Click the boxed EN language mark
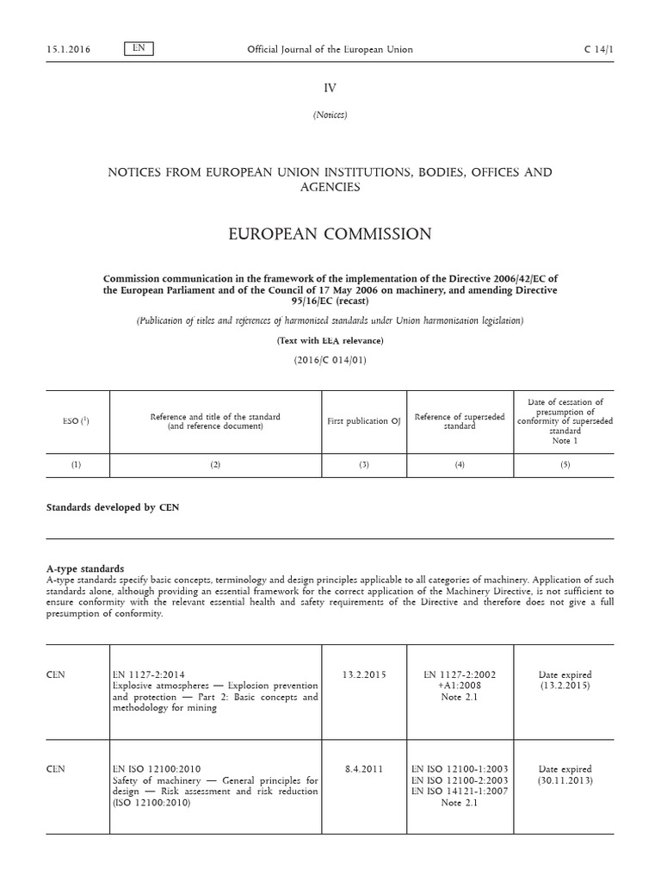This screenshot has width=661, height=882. coord(139,48)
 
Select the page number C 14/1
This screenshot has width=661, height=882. coord(599,49)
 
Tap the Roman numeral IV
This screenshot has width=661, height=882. coord(330,88)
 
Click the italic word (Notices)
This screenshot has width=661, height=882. coord(330,115)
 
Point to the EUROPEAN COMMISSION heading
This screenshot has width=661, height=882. coord(330,234)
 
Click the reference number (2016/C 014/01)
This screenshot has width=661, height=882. coord(330,360)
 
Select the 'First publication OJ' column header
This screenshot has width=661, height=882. coord(364,421)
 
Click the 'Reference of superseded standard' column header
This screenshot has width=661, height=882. coord(460,421)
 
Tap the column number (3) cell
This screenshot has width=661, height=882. coord(364,465)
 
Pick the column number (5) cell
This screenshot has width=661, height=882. coord(565,465)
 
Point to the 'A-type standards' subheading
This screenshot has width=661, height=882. coord(85,568)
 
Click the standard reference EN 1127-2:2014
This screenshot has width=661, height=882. coord(149,674)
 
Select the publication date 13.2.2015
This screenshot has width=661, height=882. coord(364,674)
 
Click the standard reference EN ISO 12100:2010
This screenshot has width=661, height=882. coord(157,769)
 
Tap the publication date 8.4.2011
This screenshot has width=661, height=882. coord(364,769)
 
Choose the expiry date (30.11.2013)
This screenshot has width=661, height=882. coord(565,780)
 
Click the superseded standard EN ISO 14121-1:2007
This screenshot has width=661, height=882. coord(460,792)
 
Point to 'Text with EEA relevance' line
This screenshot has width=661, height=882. coord(330,341)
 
